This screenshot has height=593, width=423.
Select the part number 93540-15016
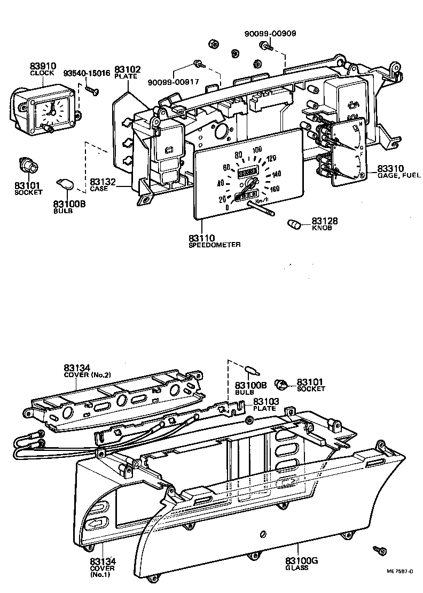(87, 73)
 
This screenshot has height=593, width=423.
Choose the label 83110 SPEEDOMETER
(214, 240)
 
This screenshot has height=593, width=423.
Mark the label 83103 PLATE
(265, 404)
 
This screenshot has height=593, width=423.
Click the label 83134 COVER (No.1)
(103, 567)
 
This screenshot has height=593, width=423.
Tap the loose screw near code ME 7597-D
(380, 550)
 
